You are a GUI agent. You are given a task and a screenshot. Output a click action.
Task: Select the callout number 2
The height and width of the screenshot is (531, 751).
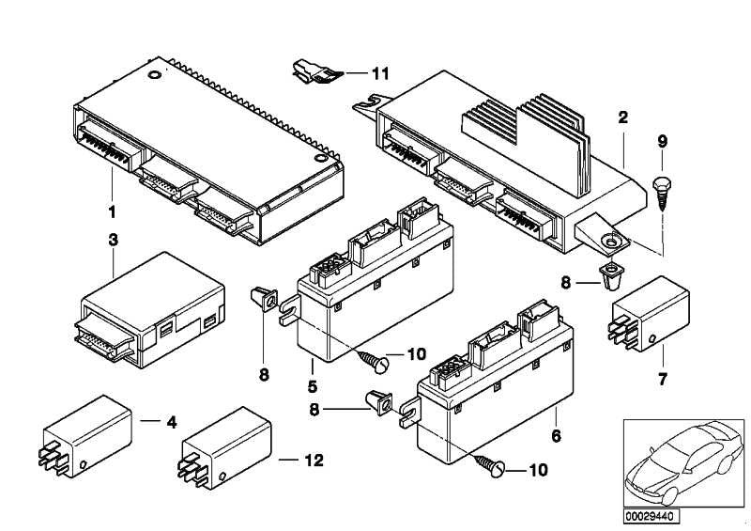coord(622,118)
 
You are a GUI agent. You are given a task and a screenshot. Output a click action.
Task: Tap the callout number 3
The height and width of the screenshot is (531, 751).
coord(113,240)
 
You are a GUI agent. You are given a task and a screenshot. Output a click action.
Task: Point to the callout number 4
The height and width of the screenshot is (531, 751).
coord(172,423)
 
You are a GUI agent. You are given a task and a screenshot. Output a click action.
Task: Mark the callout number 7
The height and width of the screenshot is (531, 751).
coord(663,379)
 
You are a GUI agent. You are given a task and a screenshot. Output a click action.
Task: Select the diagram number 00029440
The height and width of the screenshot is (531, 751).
coord(650,516)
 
